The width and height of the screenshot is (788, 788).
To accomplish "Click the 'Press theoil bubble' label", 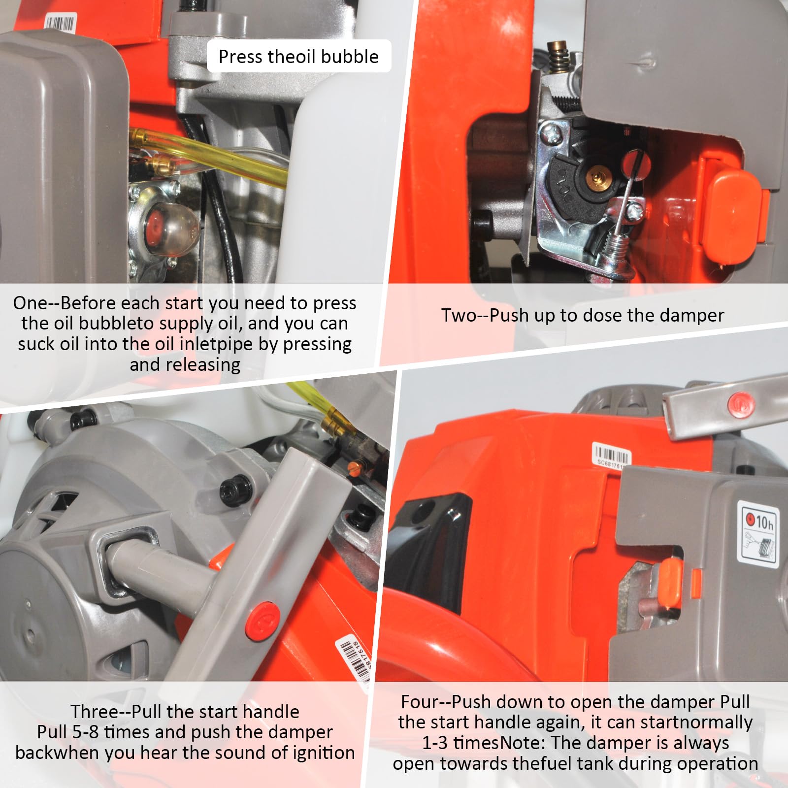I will pos(298,57).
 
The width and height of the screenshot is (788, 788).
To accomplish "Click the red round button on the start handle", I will pos(263,618).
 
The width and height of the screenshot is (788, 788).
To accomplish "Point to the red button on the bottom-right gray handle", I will pos(739,403).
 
